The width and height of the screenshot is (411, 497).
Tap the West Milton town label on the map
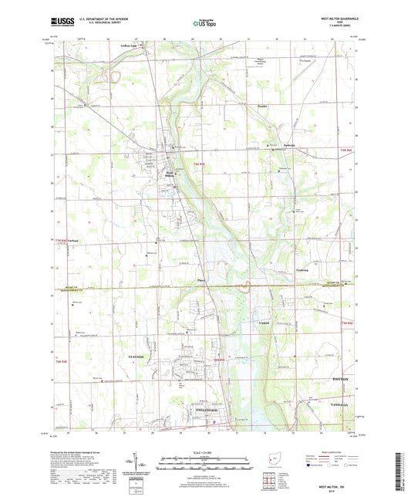click(x=170, y=174)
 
